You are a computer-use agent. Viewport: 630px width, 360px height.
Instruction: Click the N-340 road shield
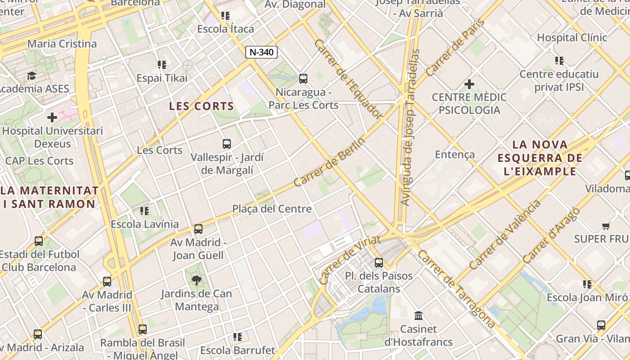point(261,52)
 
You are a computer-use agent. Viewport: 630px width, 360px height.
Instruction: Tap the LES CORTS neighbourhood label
point(201,106)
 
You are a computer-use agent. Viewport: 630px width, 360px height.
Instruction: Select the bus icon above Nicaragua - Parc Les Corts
point(303,79)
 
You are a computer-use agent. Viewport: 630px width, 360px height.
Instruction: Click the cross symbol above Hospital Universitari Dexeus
point(52,117)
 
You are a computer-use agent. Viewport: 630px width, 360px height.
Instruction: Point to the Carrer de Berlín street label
point(329,162)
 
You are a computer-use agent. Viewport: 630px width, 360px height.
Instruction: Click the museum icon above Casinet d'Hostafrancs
point(418,315)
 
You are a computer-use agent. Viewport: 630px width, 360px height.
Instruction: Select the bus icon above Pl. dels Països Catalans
point(379,262)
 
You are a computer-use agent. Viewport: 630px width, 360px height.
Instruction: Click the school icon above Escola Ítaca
point(225,16)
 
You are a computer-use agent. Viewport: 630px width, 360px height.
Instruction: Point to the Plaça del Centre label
point(272,209)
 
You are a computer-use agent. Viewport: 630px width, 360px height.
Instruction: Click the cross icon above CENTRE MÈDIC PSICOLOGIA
point(469,84)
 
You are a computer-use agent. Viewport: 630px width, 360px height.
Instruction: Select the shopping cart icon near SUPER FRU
point(606,226)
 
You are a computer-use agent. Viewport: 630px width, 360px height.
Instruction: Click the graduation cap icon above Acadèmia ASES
point(31,76)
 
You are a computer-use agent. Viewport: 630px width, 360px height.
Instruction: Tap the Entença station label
point(454,154)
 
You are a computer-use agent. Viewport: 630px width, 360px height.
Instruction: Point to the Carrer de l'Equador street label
point(348,79)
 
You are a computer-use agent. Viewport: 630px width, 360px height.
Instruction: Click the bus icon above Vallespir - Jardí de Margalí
point(227,144)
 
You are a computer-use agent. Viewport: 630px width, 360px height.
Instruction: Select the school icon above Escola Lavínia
point(144,211)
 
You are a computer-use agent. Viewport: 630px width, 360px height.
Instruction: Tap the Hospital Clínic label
point(572,37)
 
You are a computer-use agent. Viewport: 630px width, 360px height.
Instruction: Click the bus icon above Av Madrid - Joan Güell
point(198,229)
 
